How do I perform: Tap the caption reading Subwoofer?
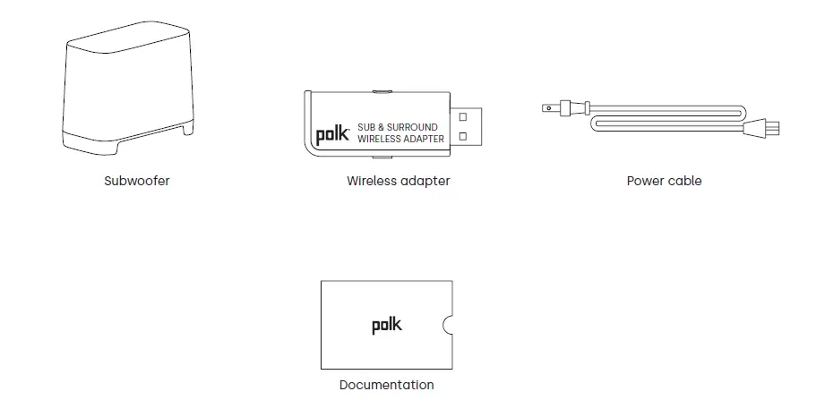coord(136,181)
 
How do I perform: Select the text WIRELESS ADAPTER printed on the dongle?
coord(400,139)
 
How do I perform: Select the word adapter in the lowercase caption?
coord(425,181)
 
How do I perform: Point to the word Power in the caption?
coord(644,181)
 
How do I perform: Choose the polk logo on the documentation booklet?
coord(387,325)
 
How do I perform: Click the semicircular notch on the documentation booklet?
coord(448,325)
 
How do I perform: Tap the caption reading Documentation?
coord(386,385)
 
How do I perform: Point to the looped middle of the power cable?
coord(663,117)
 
